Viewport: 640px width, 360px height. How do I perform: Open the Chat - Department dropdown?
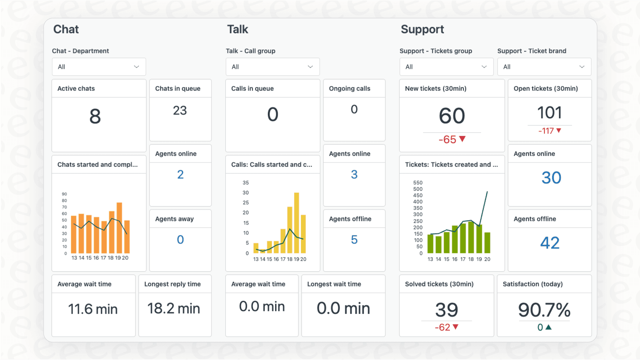point(99,67)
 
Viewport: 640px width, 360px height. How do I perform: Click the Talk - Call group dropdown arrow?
point(310,67)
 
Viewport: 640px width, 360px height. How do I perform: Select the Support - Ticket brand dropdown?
point(544,67)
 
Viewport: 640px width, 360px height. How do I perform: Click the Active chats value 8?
point(95,116)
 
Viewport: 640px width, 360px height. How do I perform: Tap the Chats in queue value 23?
point(180,110)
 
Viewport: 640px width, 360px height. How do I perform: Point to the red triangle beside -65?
point(462,139)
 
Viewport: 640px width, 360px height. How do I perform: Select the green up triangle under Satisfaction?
point(549,327)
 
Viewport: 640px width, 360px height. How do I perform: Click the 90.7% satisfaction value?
point(544,310)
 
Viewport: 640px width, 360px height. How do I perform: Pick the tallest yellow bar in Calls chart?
point(296,223)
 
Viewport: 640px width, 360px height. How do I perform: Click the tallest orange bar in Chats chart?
point(119,228)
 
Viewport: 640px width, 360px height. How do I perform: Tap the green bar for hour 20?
point(487,243)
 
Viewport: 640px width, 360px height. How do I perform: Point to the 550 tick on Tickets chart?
point(418,183)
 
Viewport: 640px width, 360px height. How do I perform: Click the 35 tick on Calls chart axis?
point(246,183)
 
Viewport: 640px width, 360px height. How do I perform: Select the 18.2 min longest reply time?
point(174,309)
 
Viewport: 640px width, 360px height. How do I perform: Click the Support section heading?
point(422,29)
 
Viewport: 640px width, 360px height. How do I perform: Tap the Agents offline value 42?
point(550,243)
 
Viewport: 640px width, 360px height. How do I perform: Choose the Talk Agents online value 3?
point(354,174)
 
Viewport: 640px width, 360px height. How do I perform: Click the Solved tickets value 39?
point(446,310)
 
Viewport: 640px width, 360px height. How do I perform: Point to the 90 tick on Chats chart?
point(64,194)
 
